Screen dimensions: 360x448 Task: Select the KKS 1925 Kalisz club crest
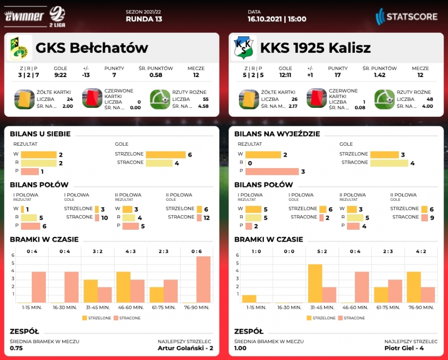(243, 48)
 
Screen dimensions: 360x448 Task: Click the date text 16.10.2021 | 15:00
(277, 19)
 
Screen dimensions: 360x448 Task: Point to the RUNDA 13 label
(144, 19)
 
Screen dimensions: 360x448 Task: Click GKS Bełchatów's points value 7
(114, 75)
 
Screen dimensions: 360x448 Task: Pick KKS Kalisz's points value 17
(338, 75)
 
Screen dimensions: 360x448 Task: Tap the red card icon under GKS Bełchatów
(92, 98)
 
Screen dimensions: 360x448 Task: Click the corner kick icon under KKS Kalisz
(384, 99)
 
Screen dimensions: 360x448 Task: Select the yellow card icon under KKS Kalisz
(249, 99)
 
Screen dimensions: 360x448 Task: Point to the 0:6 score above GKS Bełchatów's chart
(197, 251)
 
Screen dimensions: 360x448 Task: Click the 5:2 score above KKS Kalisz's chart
(322, 251)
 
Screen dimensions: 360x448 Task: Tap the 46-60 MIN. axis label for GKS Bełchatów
(130, 308)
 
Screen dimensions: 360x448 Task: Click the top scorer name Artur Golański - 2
(185, 348)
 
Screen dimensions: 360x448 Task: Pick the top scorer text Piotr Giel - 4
(411, 348)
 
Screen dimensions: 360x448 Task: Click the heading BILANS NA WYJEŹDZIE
(277, 134)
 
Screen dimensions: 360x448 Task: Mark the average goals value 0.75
(16, 348)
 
